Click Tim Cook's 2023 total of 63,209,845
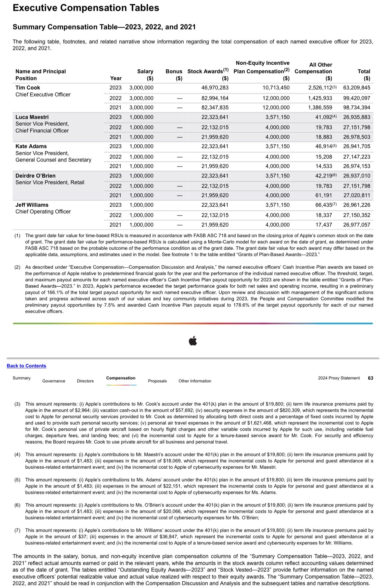(357, 88)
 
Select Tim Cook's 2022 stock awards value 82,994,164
(215, 98)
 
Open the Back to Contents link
(26, 366)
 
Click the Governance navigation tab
(54, 381)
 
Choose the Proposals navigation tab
(157, 381)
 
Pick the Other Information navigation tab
(195, 381)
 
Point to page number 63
(370, 378)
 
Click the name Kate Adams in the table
(31, 146)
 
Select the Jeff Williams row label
(32, 205)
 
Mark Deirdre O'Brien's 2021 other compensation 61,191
(323, 195)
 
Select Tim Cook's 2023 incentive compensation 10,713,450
(276, 88)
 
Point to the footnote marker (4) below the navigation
(17, 454)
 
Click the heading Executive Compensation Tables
(86, 8)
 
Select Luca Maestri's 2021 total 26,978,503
(357, 137)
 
